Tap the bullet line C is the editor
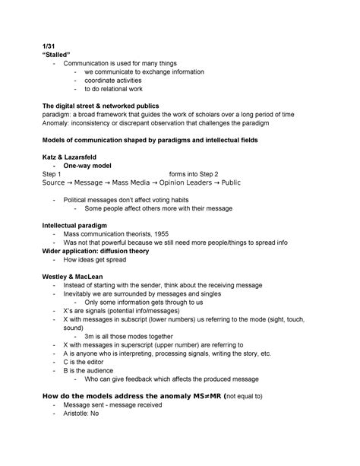pos(88,362)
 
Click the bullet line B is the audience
pos(93,371)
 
